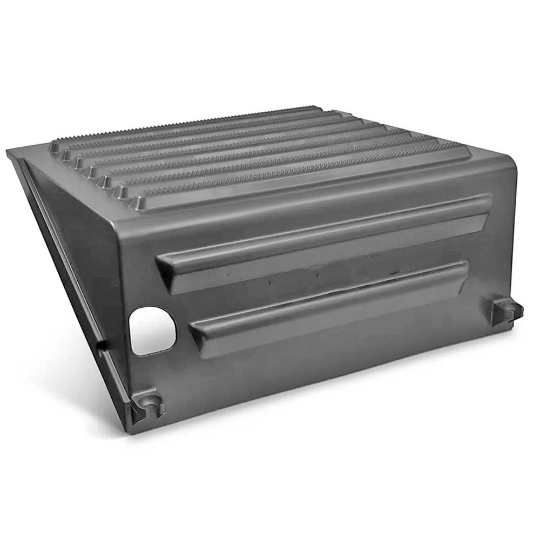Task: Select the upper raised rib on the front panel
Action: (324, 242)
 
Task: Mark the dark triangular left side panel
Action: (76, 243)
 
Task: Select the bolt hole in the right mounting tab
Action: (508, 307)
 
